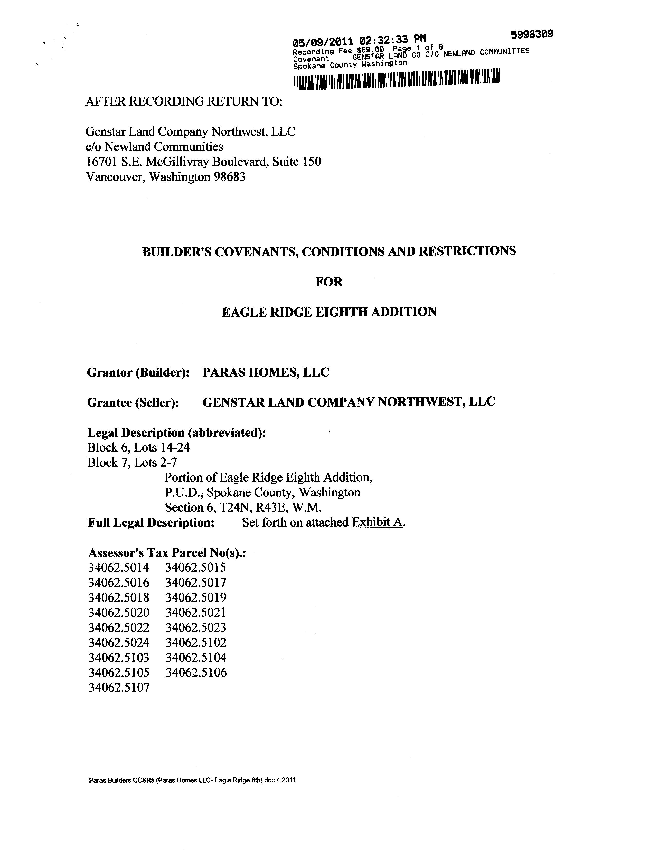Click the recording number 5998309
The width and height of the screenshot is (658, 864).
click(531, 34)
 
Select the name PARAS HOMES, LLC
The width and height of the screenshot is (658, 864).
click(266, 372)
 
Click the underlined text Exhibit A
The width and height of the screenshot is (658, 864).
click(377, 522)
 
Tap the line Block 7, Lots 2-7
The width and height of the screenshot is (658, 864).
click(132, 463)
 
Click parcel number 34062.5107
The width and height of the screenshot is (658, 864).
click(119, 687)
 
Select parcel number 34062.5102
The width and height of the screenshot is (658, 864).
click(196, 642)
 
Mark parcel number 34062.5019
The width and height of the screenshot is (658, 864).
click(196, 598)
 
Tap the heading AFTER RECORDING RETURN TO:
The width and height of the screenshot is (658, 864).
click(184, 101)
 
